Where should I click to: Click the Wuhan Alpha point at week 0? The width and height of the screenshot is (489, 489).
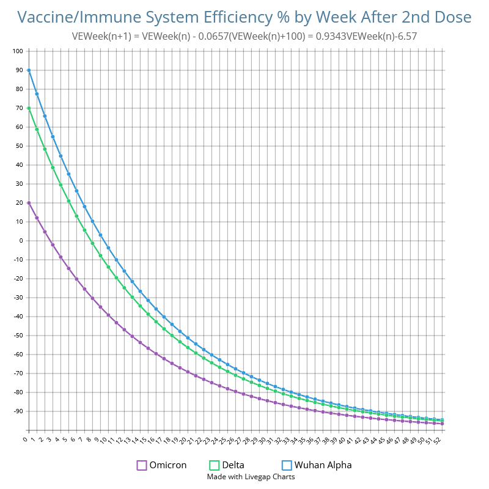(x=29, y=70)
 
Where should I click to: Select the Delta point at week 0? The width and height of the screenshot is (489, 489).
(x=29, y=108)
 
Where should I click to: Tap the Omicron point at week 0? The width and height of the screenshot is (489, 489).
(x=29, y=203)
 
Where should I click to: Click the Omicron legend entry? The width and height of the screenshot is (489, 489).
(x=162, y=465)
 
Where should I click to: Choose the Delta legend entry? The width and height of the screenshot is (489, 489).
(x=227, y=465)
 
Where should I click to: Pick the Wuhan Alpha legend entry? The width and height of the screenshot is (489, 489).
(x=317, y=465)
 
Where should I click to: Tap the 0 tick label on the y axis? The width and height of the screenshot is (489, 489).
(x=20, y=241)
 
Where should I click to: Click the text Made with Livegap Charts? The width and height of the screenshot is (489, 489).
(x=251, y=477)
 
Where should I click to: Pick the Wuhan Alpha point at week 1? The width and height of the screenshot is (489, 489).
(x=37, y=94)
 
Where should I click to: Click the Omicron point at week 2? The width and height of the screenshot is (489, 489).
(x=45, y=232)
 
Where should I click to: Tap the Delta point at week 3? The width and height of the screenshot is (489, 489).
(x=53, y=167)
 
